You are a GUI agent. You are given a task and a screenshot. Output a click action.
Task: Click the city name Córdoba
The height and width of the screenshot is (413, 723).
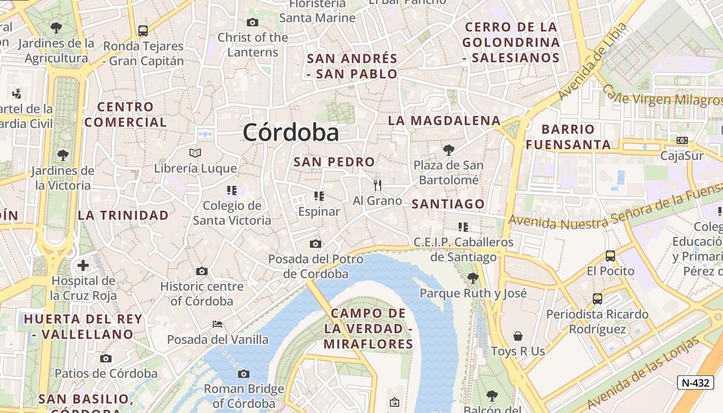click(291, 133)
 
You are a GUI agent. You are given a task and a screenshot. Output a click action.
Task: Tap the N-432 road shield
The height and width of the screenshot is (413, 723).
click(695, 383)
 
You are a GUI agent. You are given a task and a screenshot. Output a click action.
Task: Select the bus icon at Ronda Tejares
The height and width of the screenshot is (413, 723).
click(143, 31)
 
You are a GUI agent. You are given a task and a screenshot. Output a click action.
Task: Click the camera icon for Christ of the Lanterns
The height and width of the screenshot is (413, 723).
click(253, 22)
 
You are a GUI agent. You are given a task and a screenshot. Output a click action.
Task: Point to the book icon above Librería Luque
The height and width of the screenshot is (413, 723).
click(195, 153)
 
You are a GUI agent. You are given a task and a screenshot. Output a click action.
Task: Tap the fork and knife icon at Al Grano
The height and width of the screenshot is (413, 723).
click(378, 185)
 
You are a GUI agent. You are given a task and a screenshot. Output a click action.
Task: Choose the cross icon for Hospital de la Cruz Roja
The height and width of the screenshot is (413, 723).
click(83, 266)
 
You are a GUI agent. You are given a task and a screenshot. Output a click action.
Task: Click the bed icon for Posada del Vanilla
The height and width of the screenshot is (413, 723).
click(217, 324)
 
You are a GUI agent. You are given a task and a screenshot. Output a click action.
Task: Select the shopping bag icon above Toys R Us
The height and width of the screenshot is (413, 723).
click(518, 336)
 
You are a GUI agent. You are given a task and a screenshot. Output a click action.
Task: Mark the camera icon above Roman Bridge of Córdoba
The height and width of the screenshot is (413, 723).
click(244, 374)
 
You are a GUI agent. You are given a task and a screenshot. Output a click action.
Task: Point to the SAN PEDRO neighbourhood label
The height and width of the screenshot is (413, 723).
click(334, 162)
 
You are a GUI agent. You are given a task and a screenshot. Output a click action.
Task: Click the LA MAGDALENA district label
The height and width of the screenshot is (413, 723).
click(444, 121)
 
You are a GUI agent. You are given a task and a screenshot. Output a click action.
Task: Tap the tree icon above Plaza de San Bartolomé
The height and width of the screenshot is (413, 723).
click(449, 150)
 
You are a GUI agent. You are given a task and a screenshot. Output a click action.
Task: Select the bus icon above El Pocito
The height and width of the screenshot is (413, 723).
click(610, 256)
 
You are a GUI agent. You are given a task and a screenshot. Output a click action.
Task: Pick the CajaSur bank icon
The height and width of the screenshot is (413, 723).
click(682, 140)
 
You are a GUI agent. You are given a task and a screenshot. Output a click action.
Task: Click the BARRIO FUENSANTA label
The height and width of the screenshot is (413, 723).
click(568, 137)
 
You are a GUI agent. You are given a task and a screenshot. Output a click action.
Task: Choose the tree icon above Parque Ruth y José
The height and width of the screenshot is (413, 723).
click(473, 278)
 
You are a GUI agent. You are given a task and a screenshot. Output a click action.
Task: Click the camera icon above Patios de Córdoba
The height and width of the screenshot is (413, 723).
click(106, 358)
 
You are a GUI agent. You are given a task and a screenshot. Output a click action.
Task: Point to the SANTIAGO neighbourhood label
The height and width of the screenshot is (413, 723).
click(448, 204)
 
